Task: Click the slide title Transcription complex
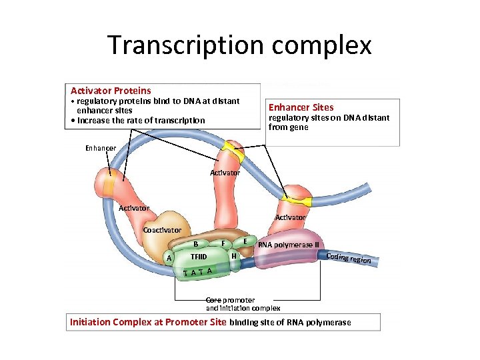tap(239, 45)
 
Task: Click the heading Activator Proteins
tap(111, 90)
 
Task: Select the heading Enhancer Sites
tap(301, 107)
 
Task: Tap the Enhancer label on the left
tap(101, 148)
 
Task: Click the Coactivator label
tap(162, 230)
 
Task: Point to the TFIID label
tap(199, 256)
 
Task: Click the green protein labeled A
tap(170, 258)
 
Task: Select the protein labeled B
tap(195, 243)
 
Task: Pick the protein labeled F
tap(223, 243)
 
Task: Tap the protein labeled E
tap(246, 241)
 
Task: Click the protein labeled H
tap(233, 256)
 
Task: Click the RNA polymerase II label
tap(289, 245)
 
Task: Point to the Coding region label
tap(348, 258)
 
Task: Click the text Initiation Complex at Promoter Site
tap(148, 323)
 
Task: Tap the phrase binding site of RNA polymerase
tap(290, 323)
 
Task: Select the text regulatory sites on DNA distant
tap(329, 118)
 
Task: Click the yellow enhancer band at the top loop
tap(234, 151)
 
